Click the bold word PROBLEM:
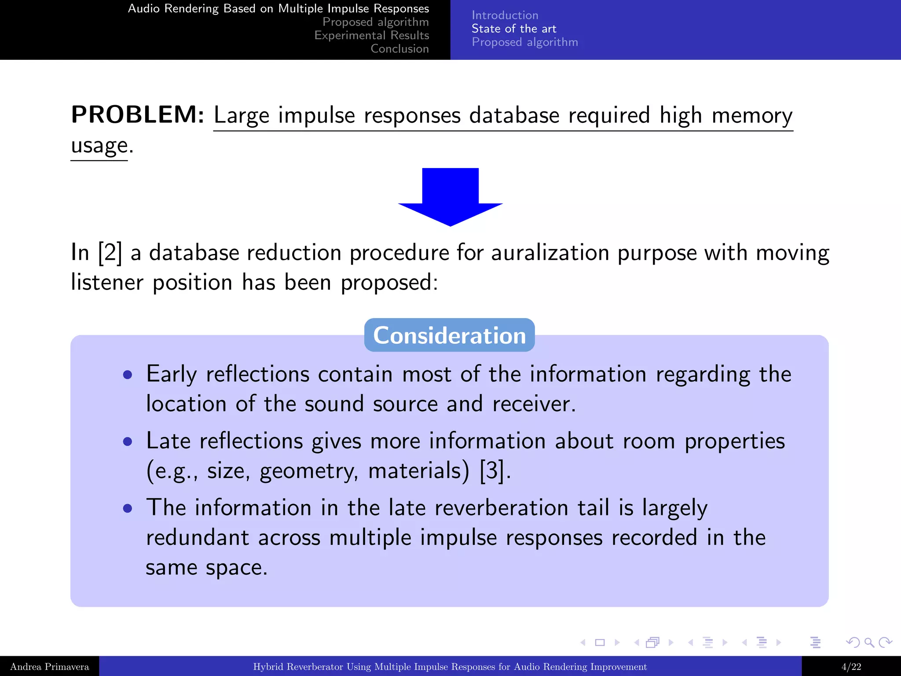click(138, 115)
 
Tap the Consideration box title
click(449, 335)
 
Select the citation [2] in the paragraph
click(110, 253)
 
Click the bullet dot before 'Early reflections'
click(128, 375)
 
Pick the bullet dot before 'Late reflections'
click(128, 442)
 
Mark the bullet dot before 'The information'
click(128, 509)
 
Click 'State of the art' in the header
click(514, 29)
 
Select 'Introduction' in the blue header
click(505, 15)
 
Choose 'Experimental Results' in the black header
click(371, 35)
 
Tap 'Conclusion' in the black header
click(399, 49)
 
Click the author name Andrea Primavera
click(49, 667)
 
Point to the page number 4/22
click(851, 667)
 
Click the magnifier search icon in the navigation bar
click(869, 643)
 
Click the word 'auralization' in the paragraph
click(550, 253)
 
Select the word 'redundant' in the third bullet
click(197, 538)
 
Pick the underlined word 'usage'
click(99, 146)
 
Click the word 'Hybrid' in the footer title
click(269, 667)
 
